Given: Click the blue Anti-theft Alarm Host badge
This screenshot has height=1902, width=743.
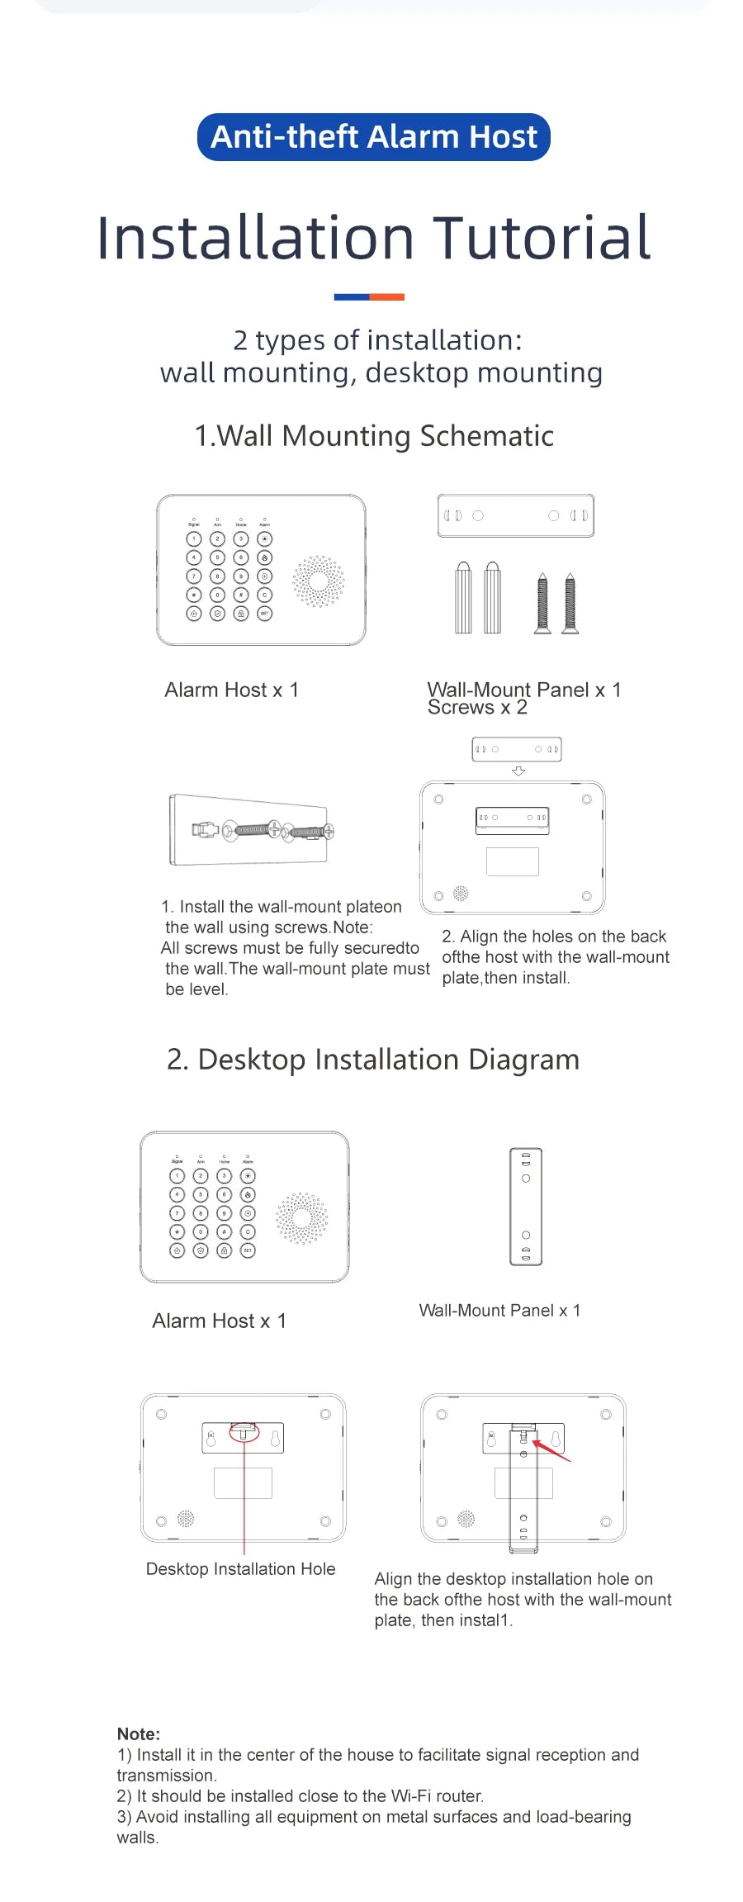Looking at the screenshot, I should (373, 137).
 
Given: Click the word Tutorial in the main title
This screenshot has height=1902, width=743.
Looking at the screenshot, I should (542, 239).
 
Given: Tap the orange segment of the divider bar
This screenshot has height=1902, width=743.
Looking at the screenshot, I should (386, 297).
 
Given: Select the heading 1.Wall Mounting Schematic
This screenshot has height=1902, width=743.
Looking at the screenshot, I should (373, 436).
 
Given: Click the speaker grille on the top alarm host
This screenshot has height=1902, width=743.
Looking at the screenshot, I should (318, 581).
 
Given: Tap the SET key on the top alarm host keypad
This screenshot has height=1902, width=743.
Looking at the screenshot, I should (264, 614).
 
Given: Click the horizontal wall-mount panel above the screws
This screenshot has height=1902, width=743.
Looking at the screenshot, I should (515, 515).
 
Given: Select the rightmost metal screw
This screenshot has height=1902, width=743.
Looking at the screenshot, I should (570, 603).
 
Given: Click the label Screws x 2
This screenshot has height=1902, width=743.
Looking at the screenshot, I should (477, 709).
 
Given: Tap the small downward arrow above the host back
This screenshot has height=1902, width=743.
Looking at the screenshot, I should (518, 771).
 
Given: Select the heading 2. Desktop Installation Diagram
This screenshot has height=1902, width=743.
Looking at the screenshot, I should (373, 1060).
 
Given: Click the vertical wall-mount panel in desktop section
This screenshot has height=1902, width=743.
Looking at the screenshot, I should (526, 1207).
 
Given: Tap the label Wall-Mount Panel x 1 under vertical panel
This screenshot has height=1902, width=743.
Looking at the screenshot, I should (499, 1311).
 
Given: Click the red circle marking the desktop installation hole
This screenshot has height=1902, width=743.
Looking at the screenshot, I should (244, 1431).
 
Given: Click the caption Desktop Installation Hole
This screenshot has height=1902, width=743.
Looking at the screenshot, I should (240, 1569).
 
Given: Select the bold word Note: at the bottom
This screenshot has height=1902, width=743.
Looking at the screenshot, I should (139, 1734).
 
